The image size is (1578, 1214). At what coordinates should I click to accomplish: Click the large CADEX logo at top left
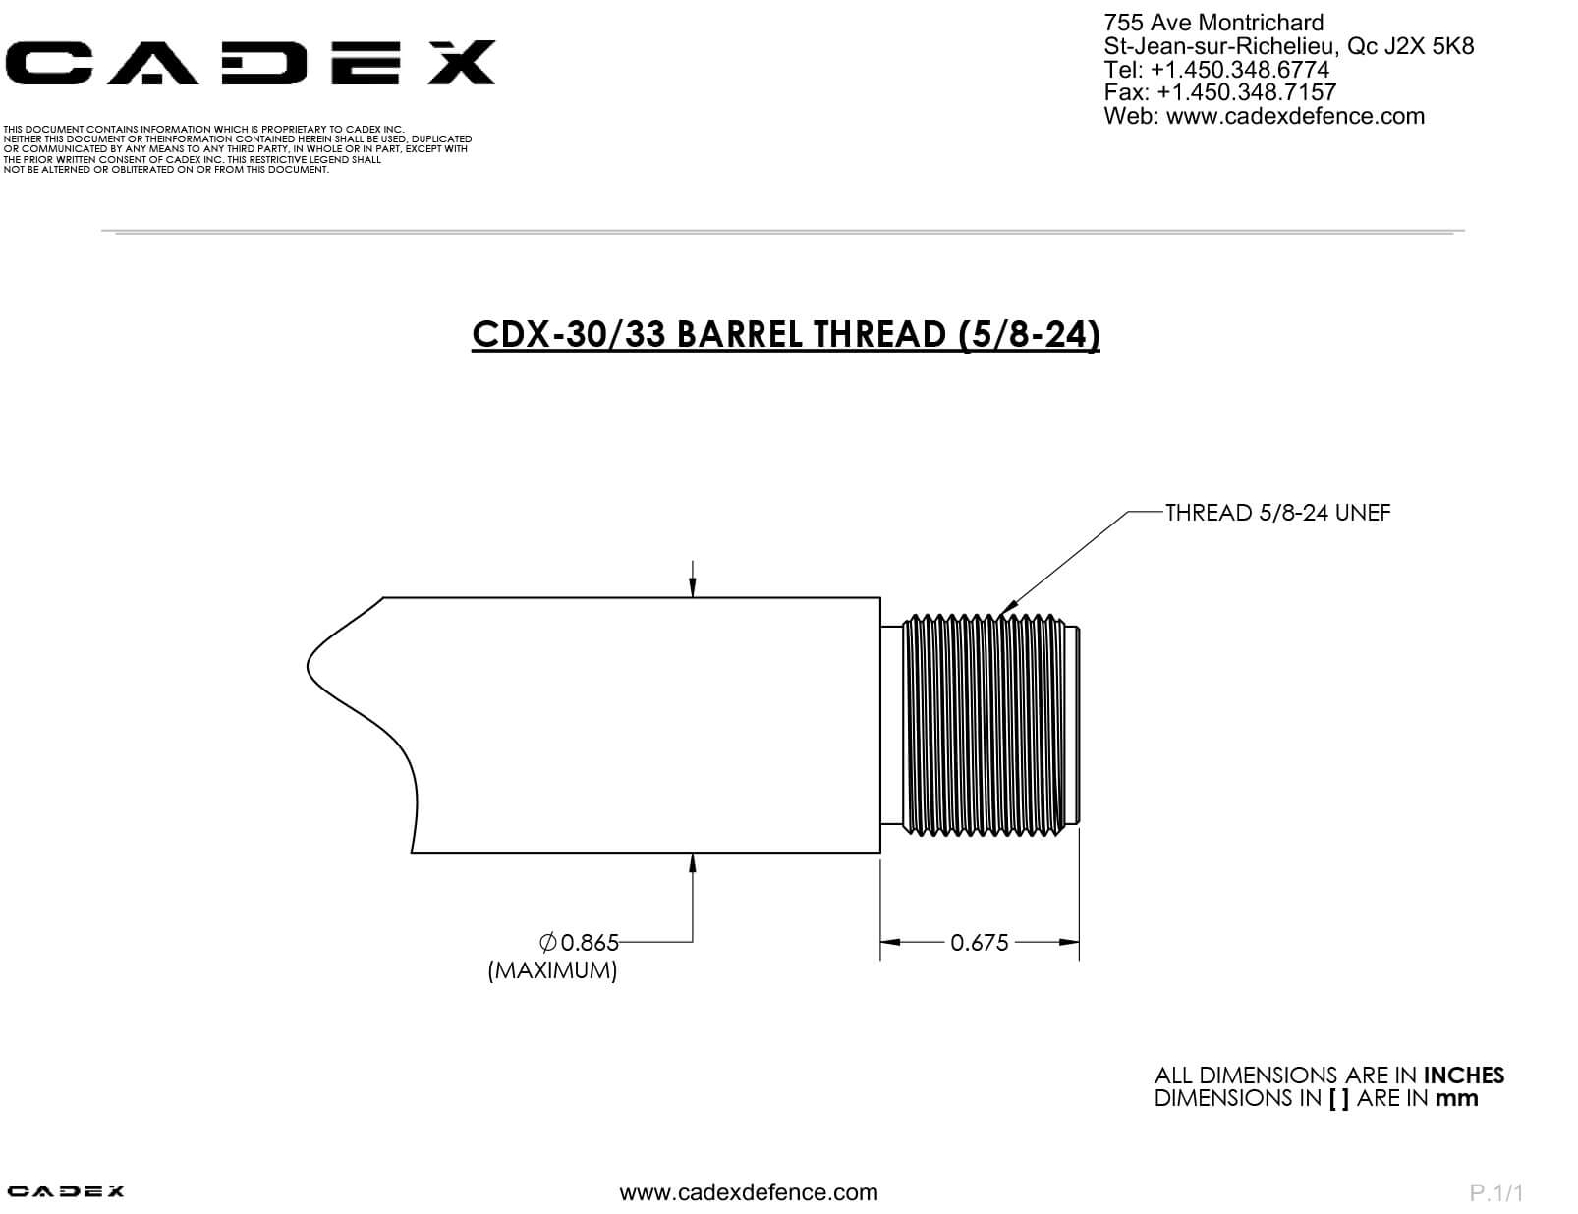250,63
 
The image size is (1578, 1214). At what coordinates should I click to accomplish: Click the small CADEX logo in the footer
66,1191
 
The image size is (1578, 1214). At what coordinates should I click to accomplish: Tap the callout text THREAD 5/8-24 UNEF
1277,513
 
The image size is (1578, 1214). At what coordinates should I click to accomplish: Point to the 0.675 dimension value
979,943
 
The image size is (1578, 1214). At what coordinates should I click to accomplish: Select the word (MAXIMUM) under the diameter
552,970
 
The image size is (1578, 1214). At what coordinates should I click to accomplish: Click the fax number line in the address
1220,92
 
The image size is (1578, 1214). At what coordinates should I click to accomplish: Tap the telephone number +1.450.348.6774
1240,70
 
